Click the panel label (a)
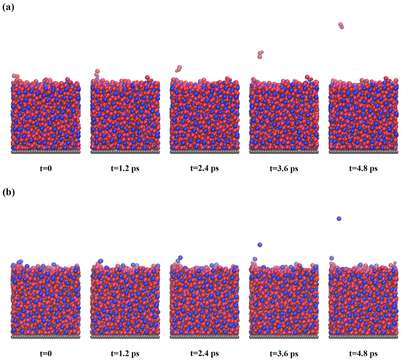[8, 7]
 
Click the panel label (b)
[8, 192]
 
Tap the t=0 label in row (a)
[46, 168]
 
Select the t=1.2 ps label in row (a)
[125, 168]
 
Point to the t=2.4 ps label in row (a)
[204, 168]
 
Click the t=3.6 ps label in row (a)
[284, 169]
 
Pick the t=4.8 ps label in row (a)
[363, 169]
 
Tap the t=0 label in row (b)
[46, 353]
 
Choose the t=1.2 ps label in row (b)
[125, 353]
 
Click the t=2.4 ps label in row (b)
[204, 353]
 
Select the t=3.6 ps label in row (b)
[284, 354]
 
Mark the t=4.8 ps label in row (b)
[363, 354]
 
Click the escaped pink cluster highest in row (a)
[341, 26]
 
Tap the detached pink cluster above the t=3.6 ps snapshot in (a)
[260, 54]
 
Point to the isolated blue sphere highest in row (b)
[339, 219]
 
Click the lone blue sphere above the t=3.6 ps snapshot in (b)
[260, 245]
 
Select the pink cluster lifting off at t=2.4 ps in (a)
[179, 69]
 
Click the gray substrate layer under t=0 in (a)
[46, 152]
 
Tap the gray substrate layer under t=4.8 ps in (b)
[363, 337]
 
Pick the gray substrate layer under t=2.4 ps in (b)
[204, 337]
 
